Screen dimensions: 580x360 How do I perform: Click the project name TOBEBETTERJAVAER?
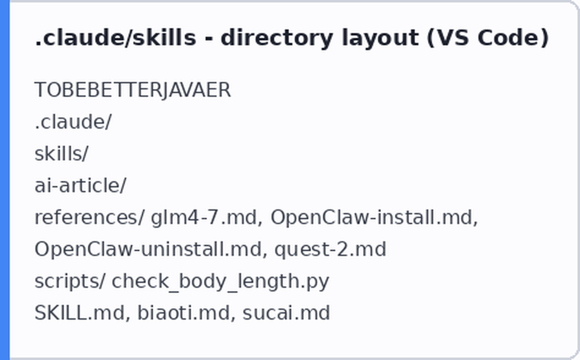click(132, 90)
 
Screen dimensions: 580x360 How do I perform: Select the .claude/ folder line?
click(73, 122)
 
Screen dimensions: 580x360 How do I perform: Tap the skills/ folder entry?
click(61, 154)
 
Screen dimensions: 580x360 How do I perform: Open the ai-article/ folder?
click(80, 186)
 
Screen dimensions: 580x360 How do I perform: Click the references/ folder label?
click(89, 217)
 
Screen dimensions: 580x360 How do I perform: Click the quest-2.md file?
click(330, 249)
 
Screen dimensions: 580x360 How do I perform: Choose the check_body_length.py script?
click(220, 281)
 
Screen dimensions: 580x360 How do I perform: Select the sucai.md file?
click(286, 313)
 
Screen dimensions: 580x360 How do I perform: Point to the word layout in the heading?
click(380, 38)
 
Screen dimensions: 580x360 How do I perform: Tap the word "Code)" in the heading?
click(513, 38)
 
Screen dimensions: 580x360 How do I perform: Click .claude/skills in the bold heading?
click(115, 38)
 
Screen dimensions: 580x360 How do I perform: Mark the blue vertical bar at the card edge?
click(4, 180)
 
